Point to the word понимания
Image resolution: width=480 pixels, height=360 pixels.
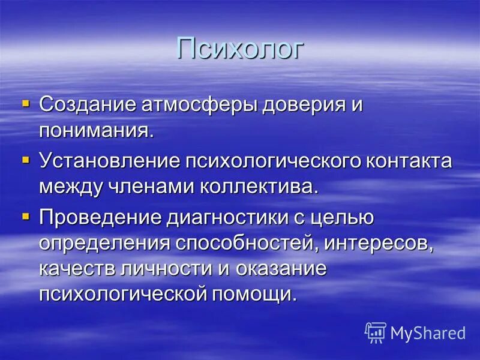point(96,130)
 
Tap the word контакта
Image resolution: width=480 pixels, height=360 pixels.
point(408,161)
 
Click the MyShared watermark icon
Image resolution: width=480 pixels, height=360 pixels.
point(376,332)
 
